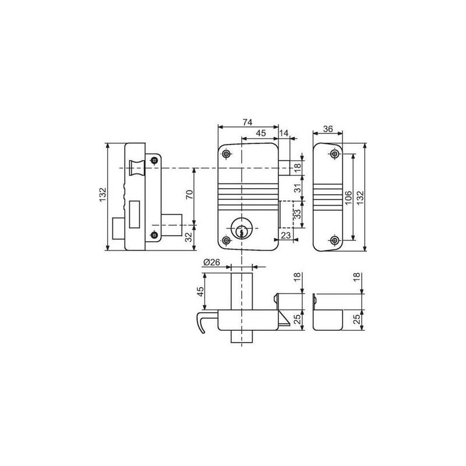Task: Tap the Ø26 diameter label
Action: coord(211,262)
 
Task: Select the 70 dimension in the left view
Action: coord(189,195)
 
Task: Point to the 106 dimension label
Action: coord(348,197)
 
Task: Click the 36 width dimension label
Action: coord(328,129)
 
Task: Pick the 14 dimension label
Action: coord(284,133)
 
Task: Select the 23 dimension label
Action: coord(285,235)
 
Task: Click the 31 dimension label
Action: coord(298,188)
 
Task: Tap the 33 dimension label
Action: coord(298,214)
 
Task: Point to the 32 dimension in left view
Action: coord(189,237)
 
